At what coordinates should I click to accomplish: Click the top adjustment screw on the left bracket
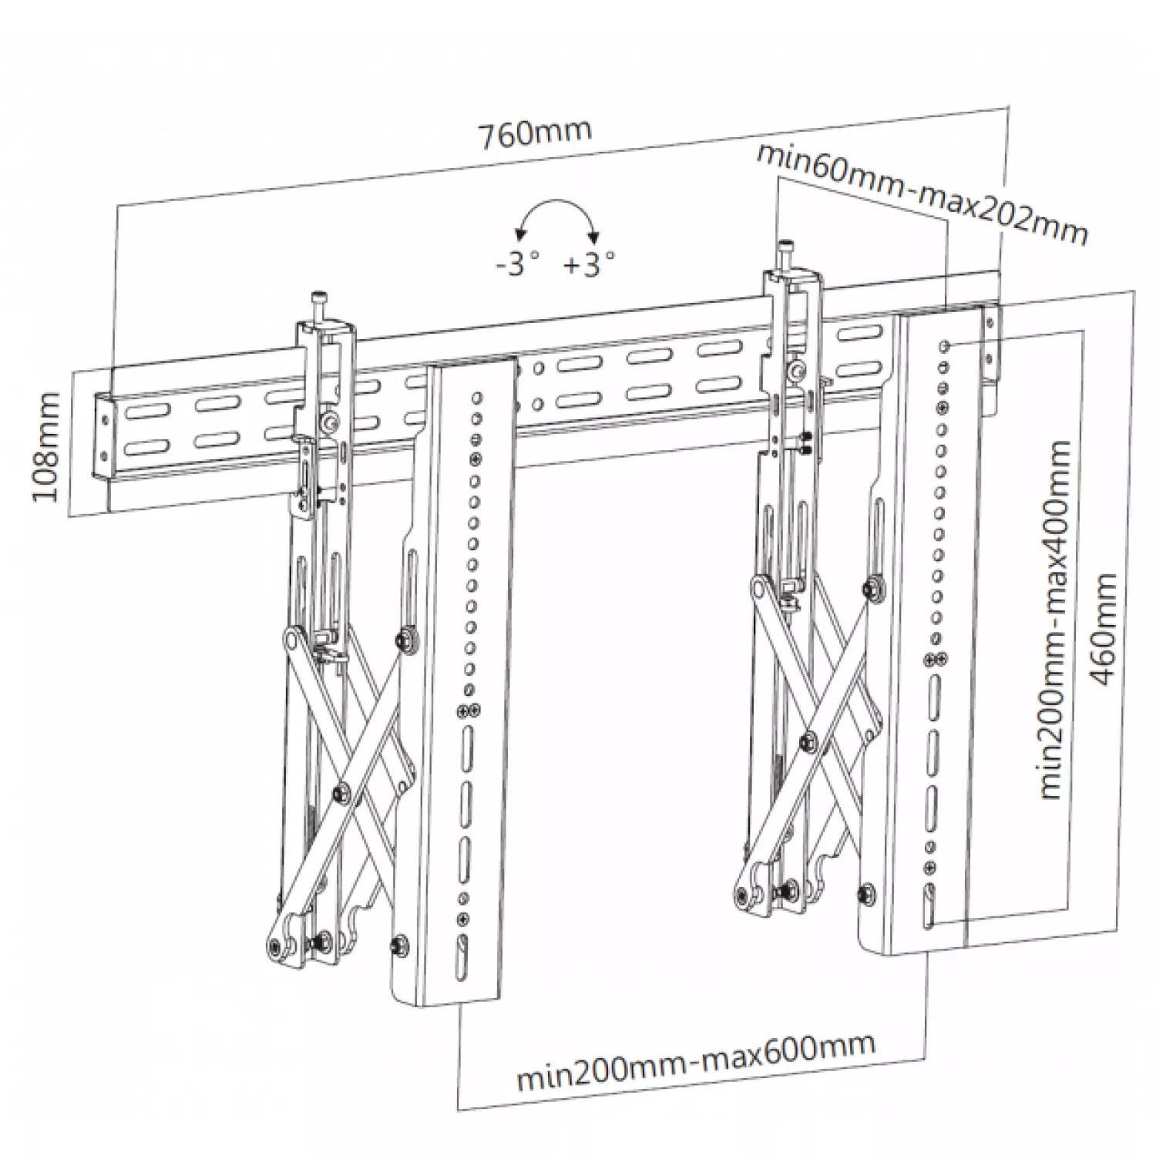coord(316,301)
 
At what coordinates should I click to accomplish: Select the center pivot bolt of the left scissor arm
coord(340,791)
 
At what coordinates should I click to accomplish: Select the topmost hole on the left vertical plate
coord(476,398)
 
